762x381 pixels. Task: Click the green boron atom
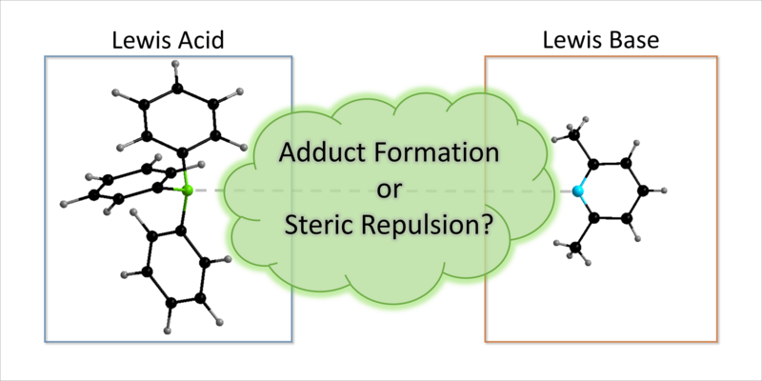tap(186, 191)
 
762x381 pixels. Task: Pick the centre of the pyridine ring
tap(613, 191)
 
